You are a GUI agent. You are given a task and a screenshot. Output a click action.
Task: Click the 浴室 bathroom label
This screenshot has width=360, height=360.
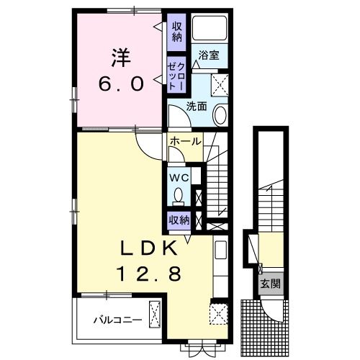coord(209,55)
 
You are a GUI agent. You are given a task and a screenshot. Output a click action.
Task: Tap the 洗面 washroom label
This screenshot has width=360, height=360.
coord(197,106)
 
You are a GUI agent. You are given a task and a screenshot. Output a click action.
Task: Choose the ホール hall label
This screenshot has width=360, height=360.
coord(185,142)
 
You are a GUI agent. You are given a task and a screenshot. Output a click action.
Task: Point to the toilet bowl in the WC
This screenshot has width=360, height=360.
coord(179,195)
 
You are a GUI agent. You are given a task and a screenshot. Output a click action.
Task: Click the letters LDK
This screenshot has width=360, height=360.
coord(148,248)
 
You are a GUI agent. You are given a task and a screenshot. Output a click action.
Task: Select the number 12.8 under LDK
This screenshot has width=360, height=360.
coord(149,274)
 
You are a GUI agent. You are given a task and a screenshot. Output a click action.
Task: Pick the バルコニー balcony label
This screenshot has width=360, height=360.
coord(116,320)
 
